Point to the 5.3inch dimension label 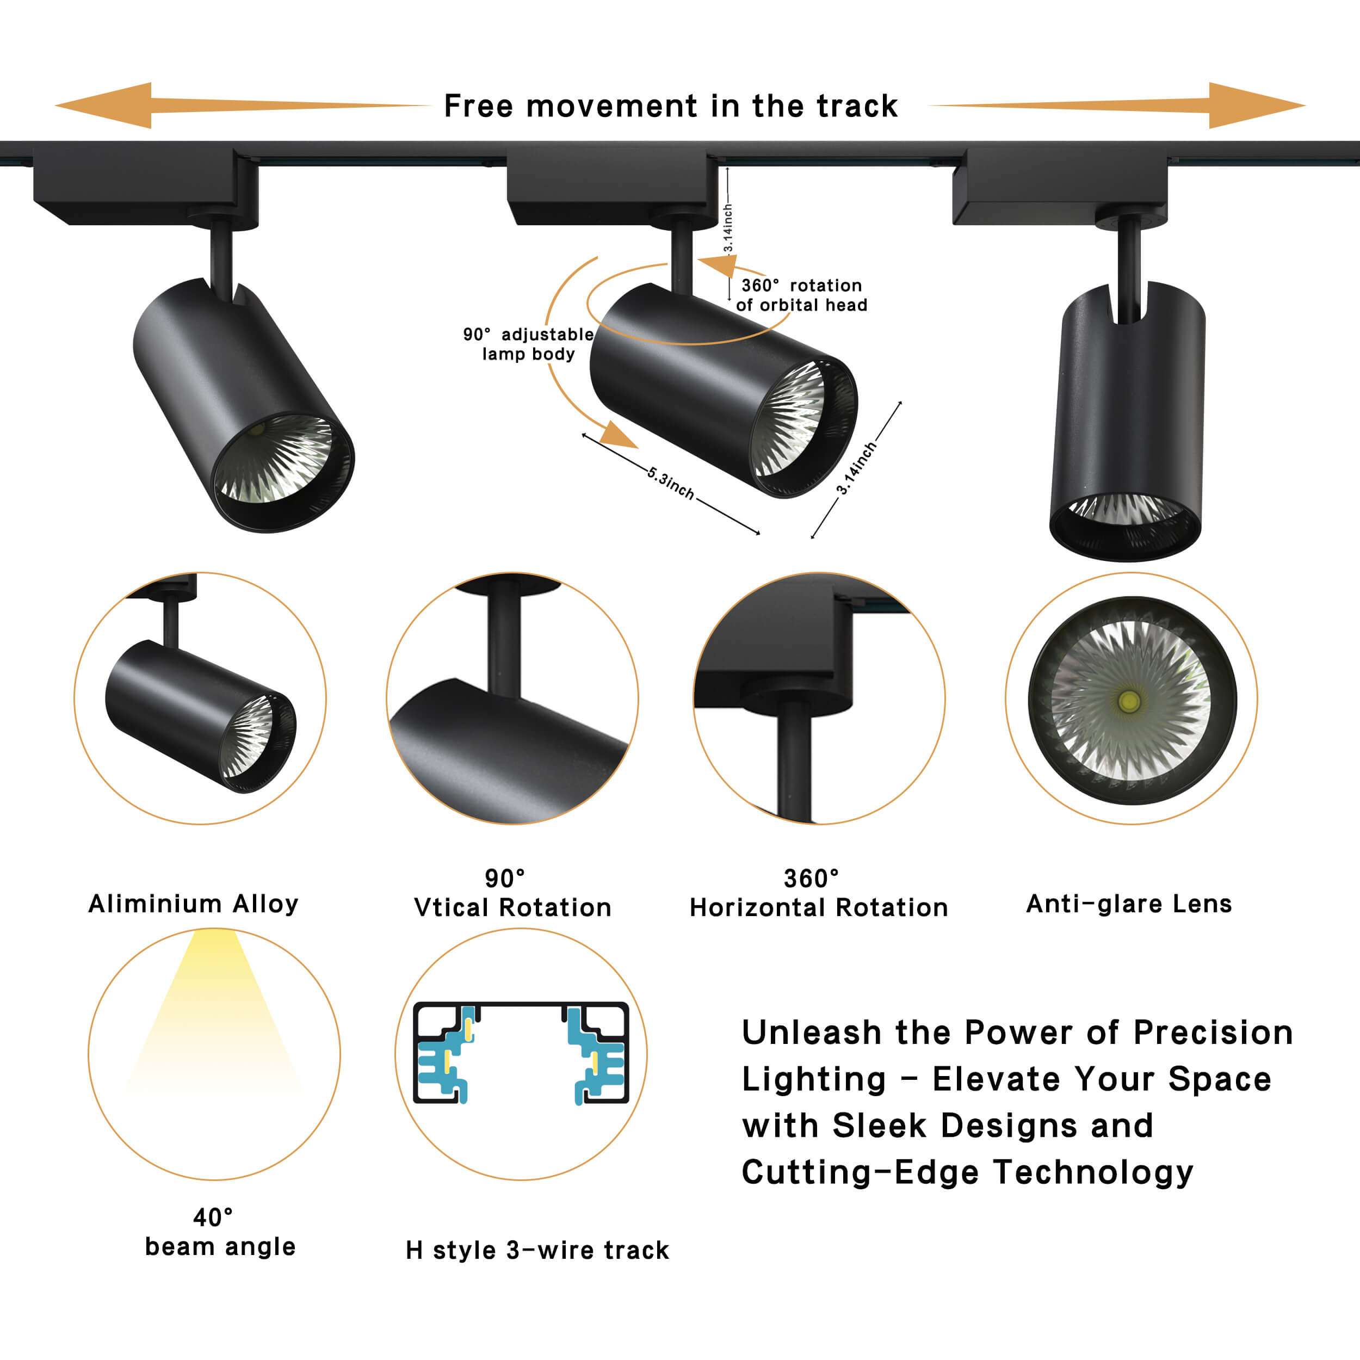click(670, 484)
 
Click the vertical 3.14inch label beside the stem click(728, 228)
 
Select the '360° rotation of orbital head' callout click(801, 295)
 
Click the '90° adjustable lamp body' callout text click(528, 344)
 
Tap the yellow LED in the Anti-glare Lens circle click(1129, 701)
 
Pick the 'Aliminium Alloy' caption click(194, 903)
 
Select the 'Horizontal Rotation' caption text click(819, 907)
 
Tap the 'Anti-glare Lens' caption click(1129, 903)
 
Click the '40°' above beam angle click(213, 1217)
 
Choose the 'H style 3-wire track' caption click(537, 1250)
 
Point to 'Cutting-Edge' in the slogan click(860, 1172)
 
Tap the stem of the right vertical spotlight click(1129, 268)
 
